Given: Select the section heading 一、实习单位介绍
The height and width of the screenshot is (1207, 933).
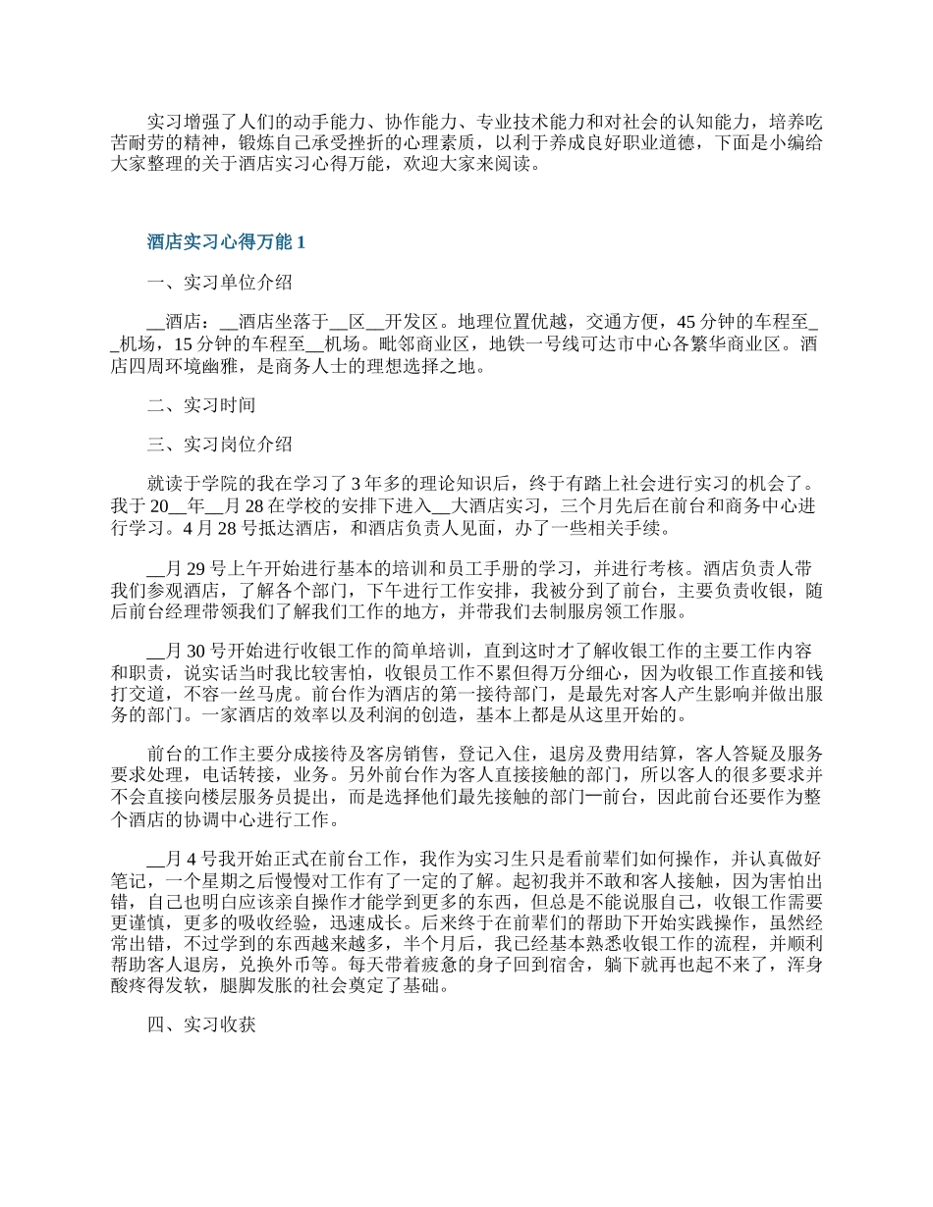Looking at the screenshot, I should pos(219,283).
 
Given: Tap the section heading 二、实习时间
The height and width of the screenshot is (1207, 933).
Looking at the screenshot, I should pos(201,404).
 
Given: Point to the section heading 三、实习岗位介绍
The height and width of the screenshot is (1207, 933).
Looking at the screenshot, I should pos(219,444).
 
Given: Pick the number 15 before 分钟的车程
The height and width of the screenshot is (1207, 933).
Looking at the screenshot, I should pos(184,344).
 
